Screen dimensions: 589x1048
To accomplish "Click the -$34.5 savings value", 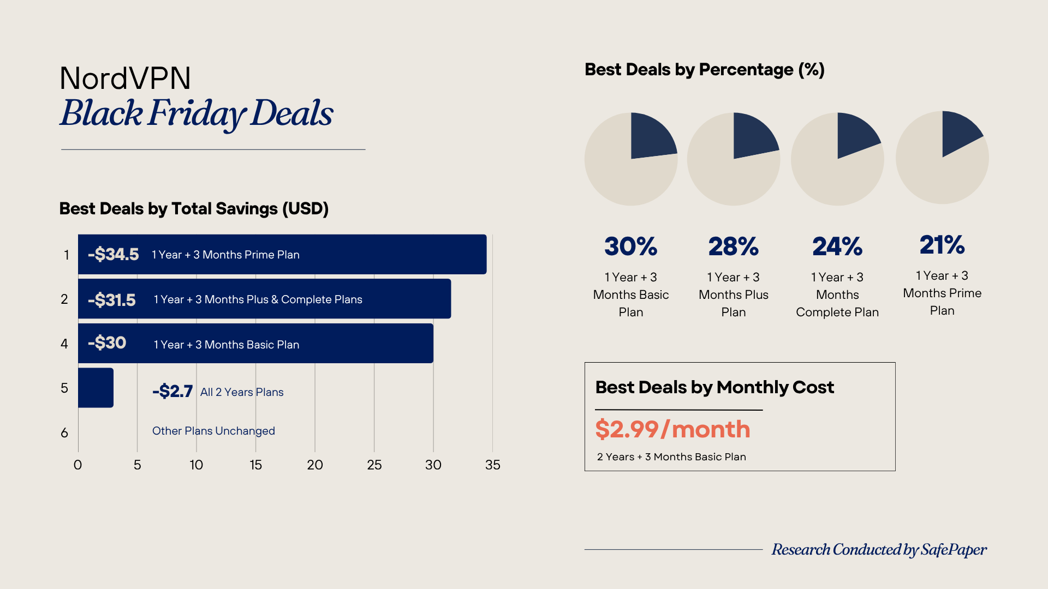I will click(x=114, y=254).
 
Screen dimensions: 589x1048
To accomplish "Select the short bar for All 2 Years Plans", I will click(x=96, y=388).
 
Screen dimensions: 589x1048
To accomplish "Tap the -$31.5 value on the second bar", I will click(x=112, y=299).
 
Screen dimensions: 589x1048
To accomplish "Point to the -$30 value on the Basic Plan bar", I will click(x=107, y=343).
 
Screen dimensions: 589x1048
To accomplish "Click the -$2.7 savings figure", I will click(x=172, y=392).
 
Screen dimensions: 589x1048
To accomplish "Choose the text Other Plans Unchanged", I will click(x=213, y=431).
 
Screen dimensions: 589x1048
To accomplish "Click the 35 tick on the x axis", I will click(x=492, y=465).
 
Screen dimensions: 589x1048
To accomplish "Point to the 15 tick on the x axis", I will click(x=255, y=465).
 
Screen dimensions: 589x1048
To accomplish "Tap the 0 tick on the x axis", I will click(x=78, y=465).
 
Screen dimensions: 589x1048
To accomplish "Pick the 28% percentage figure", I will click(x=733, y=247).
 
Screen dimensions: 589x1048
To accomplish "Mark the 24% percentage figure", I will click(x=837, y=247).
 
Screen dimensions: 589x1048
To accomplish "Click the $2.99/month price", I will click(x=672, y=429).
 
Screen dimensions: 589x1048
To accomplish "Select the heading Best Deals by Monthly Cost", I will click(x=714, y=387).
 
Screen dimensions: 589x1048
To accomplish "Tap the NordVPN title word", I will click(x=125, y=78).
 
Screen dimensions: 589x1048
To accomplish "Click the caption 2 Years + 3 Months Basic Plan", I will click(x=671, y=457).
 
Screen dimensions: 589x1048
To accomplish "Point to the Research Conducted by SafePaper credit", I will click(x=879, y=550).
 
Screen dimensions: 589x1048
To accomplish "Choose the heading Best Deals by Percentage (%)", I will click(x=704, y=70).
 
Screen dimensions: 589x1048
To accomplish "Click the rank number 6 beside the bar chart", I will click(x=64, y=433).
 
